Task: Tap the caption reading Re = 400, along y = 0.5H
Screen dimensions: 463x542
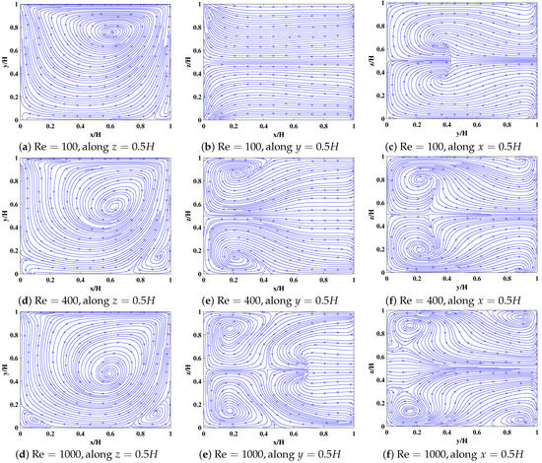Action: click(275, 299)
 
